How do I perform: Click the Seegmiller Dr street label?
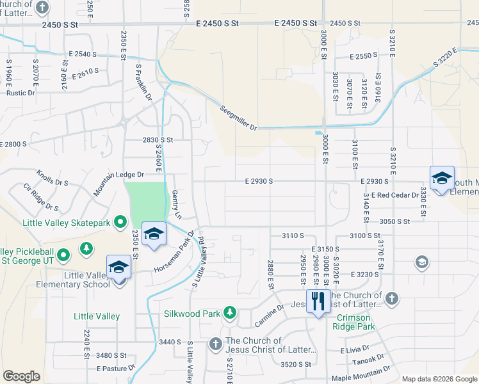click(x=239, y=118)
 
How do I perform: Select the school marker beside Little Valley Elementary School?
click(x=118, y=268)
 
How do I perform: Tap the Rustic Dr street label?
click(x=20, y=93)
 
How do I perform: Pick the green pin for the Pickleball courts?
click(x=63, y=256)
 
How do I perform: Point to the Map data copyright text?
click(x=439, y=379)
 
